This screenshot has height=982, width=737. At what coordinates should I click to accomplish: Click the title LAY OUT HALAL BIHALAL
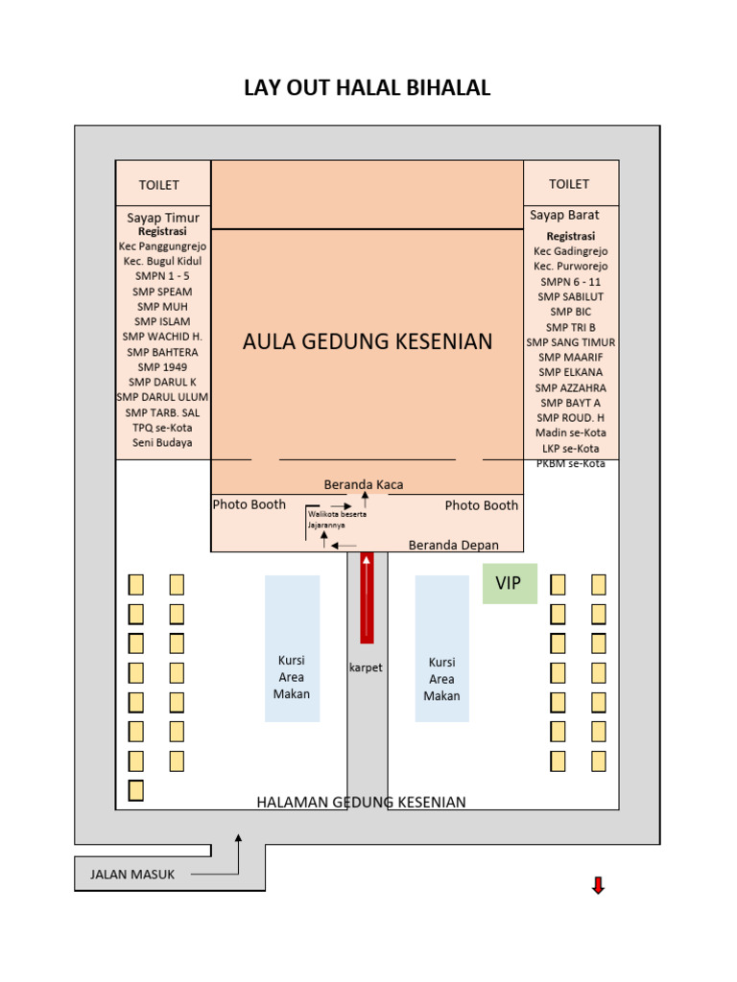[368, 88]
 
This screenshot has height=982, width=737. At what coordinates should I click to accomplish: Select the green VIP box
[510, 584]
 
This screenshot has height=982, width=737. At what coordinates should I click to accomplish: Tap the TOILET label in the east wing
[159, 184]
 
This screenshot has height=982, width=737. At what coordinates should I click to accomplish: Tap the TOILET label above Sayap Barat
[569, 183]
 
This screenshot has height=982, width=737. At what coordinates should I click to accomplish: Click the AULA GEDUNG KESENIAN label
[368, 341]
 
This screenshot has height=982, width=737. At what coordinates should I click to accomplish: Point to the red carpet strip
[367, 597]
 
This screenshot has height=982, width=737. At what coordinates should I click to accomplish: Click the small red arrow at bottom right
[598, 886]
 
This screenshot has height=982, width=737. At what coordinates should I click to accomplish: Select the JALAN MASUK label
[132, 874]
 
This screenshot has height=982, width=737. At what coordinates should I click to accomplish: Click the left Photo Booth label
[250, 504]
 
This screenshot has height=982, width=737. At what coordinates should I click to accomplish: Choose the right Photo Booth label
[482, 505]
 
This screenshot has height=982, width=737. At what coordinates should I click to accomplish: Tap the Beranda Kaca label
[364, 485]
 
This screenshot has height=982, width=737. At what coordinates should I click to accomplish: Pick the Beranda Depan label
[454, 545]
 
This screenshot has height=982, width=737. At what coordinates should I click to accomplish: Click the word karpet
[366, 667]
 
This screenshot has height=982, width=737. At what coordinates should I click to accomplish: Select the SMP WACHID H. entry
[162, 337]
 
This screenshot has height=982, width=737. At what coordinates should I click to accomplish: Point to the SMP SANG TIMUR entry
[571, 342]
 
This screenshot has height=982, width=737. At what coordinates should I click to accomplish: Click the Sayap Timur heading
[163, 218]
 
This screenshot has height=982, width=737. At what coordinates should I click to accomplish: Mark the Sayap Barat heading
[564, 215]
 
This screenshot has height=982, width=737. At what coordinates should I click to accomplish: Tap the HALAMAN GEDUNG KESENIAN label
[362, 802]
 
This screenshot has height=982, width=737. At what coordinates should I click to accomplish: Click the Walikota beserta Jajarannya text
[337, 520]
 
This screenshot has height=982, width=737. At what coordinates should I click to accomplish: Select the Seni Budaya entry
[162, 442]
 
